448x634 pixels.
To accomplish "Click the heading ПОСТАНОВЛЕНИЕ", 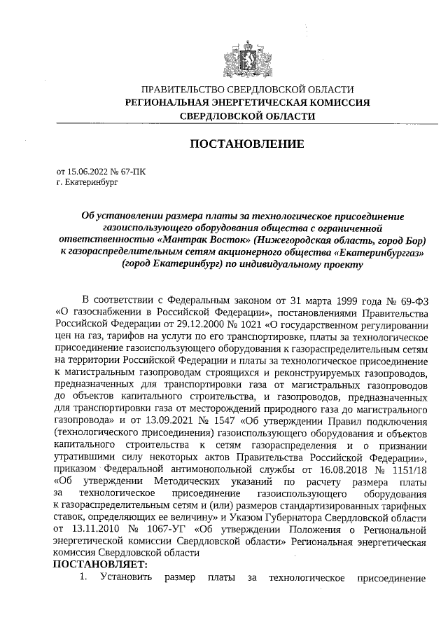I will point(247,144).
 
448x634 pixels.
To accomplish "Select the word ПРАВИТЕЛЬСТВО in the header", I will point(184,90).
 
